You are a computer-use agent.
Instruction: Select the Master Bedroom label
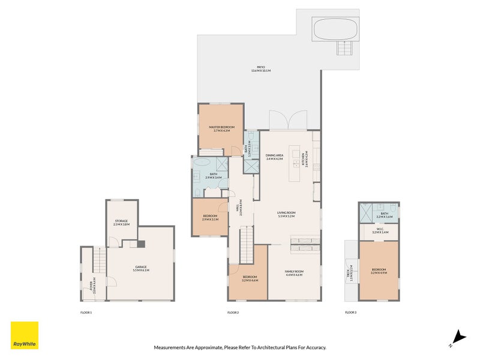tap(221, 129)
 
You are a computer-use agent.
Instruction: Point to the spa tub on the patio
tap(335, 28)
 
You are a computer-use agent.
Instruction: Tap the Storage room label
tap(122, 223)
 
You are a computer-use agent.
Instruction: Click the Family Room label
tap(294, 273)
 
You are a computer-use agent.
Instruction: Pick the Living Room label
tap(286, 214)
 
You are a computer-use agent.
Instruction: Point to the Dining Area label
tap(274, 157)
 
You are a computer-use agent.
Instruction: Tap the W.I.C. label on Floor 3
tap(380, 230)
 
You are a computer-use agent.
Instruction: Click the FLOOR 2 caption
tap(233, 313)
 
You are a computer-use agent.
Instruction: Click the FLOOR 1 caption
tap(86, 313)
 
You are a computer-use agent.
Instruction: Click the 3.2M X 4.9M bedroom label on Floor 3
tap(379, 271)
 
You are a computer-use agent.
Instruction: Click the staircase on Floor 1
tap(99, 262)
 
